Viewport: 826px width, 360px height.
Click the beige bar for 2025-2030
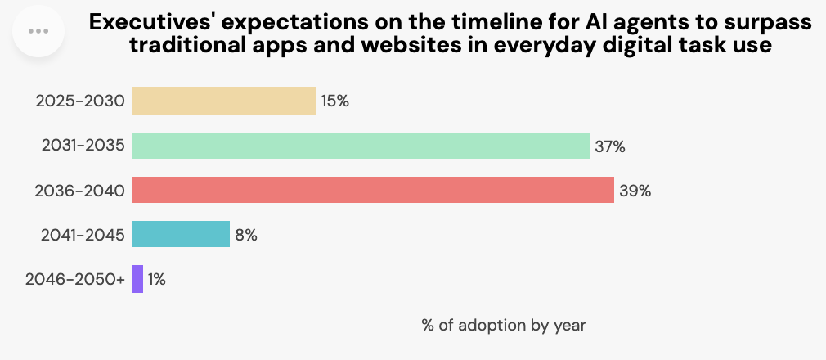pyautogui.click(x=223, y=101)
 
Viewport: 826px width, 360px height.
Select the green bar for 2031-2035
pyautogui.click(x=360, y=146)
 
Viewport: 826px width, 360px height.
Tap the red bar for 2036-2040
pyautogui.click(x=372, y=191)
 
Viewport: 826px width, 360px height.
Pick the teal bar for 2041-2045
pyautogui.click(x=180, y=235)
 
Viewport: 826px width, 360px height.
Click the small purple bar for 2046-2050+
pyautogui.click(x=137, y=279)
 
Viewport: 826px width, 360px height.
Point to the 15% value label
pyautogui.click(x=335, y=101)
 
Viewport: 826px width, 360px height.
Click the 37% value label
pyautogui.click(x=609, y=146)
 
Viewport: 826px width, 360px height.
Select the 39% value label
pyautogui.click(x=635, y=191)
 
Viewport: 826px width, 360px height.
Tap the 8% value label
pyautogui.click(x=246, y=236)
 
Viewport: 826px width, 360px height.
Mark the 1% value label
pyautogui.click(x=157, y=280)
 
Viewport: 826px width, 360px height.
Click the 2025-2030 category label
pyautogui.click(x=80, y=101)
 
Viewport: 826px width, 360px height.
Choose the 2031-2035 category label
pyautogui.click(x=83, y=146)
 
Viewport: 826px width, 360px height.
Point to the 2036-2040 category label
pyautogui.click(x=80, y=191)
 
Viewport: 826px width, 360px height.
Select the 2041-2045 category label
pyautogui.click(x=83, y=236)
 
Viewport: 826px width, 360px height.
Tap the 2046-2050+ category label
pyautogui.click(x=75, y=280)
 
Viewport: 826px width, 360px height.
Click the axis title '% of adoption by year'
pyautogui.click(x=504, y=325)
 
